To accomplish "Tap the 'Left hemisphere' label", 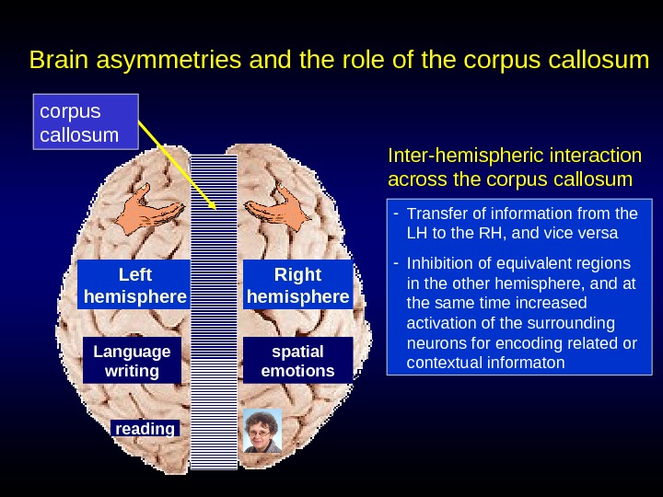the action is pyautogui.click(x=134, y=285).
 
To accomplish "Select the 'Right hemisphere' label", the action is pyautogui.click(x=297, y=285).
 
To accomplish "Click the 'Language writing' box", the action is pyautogui.click(x=132, y=361).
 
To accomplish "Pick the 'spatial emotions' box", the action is pyautogui.click(x=297, y=361).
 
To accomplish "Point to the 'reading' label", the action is pyautogui.click(x=144, y=429).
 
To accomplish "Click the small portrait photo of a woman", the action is pyautogui.click(x=261, y=431).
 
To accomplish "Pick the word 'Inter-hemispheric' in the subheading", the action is pyautogui.click(x=451, y=155).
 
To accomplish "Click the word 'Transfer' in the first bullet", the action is pyautogui.click(x=433, y=214).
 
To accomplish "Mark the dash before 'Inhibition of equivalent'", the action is pyautogui.click(x=395, y=262).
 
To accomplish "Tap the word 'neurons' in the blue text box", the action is pyautogui.click(x=433, y=342).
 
